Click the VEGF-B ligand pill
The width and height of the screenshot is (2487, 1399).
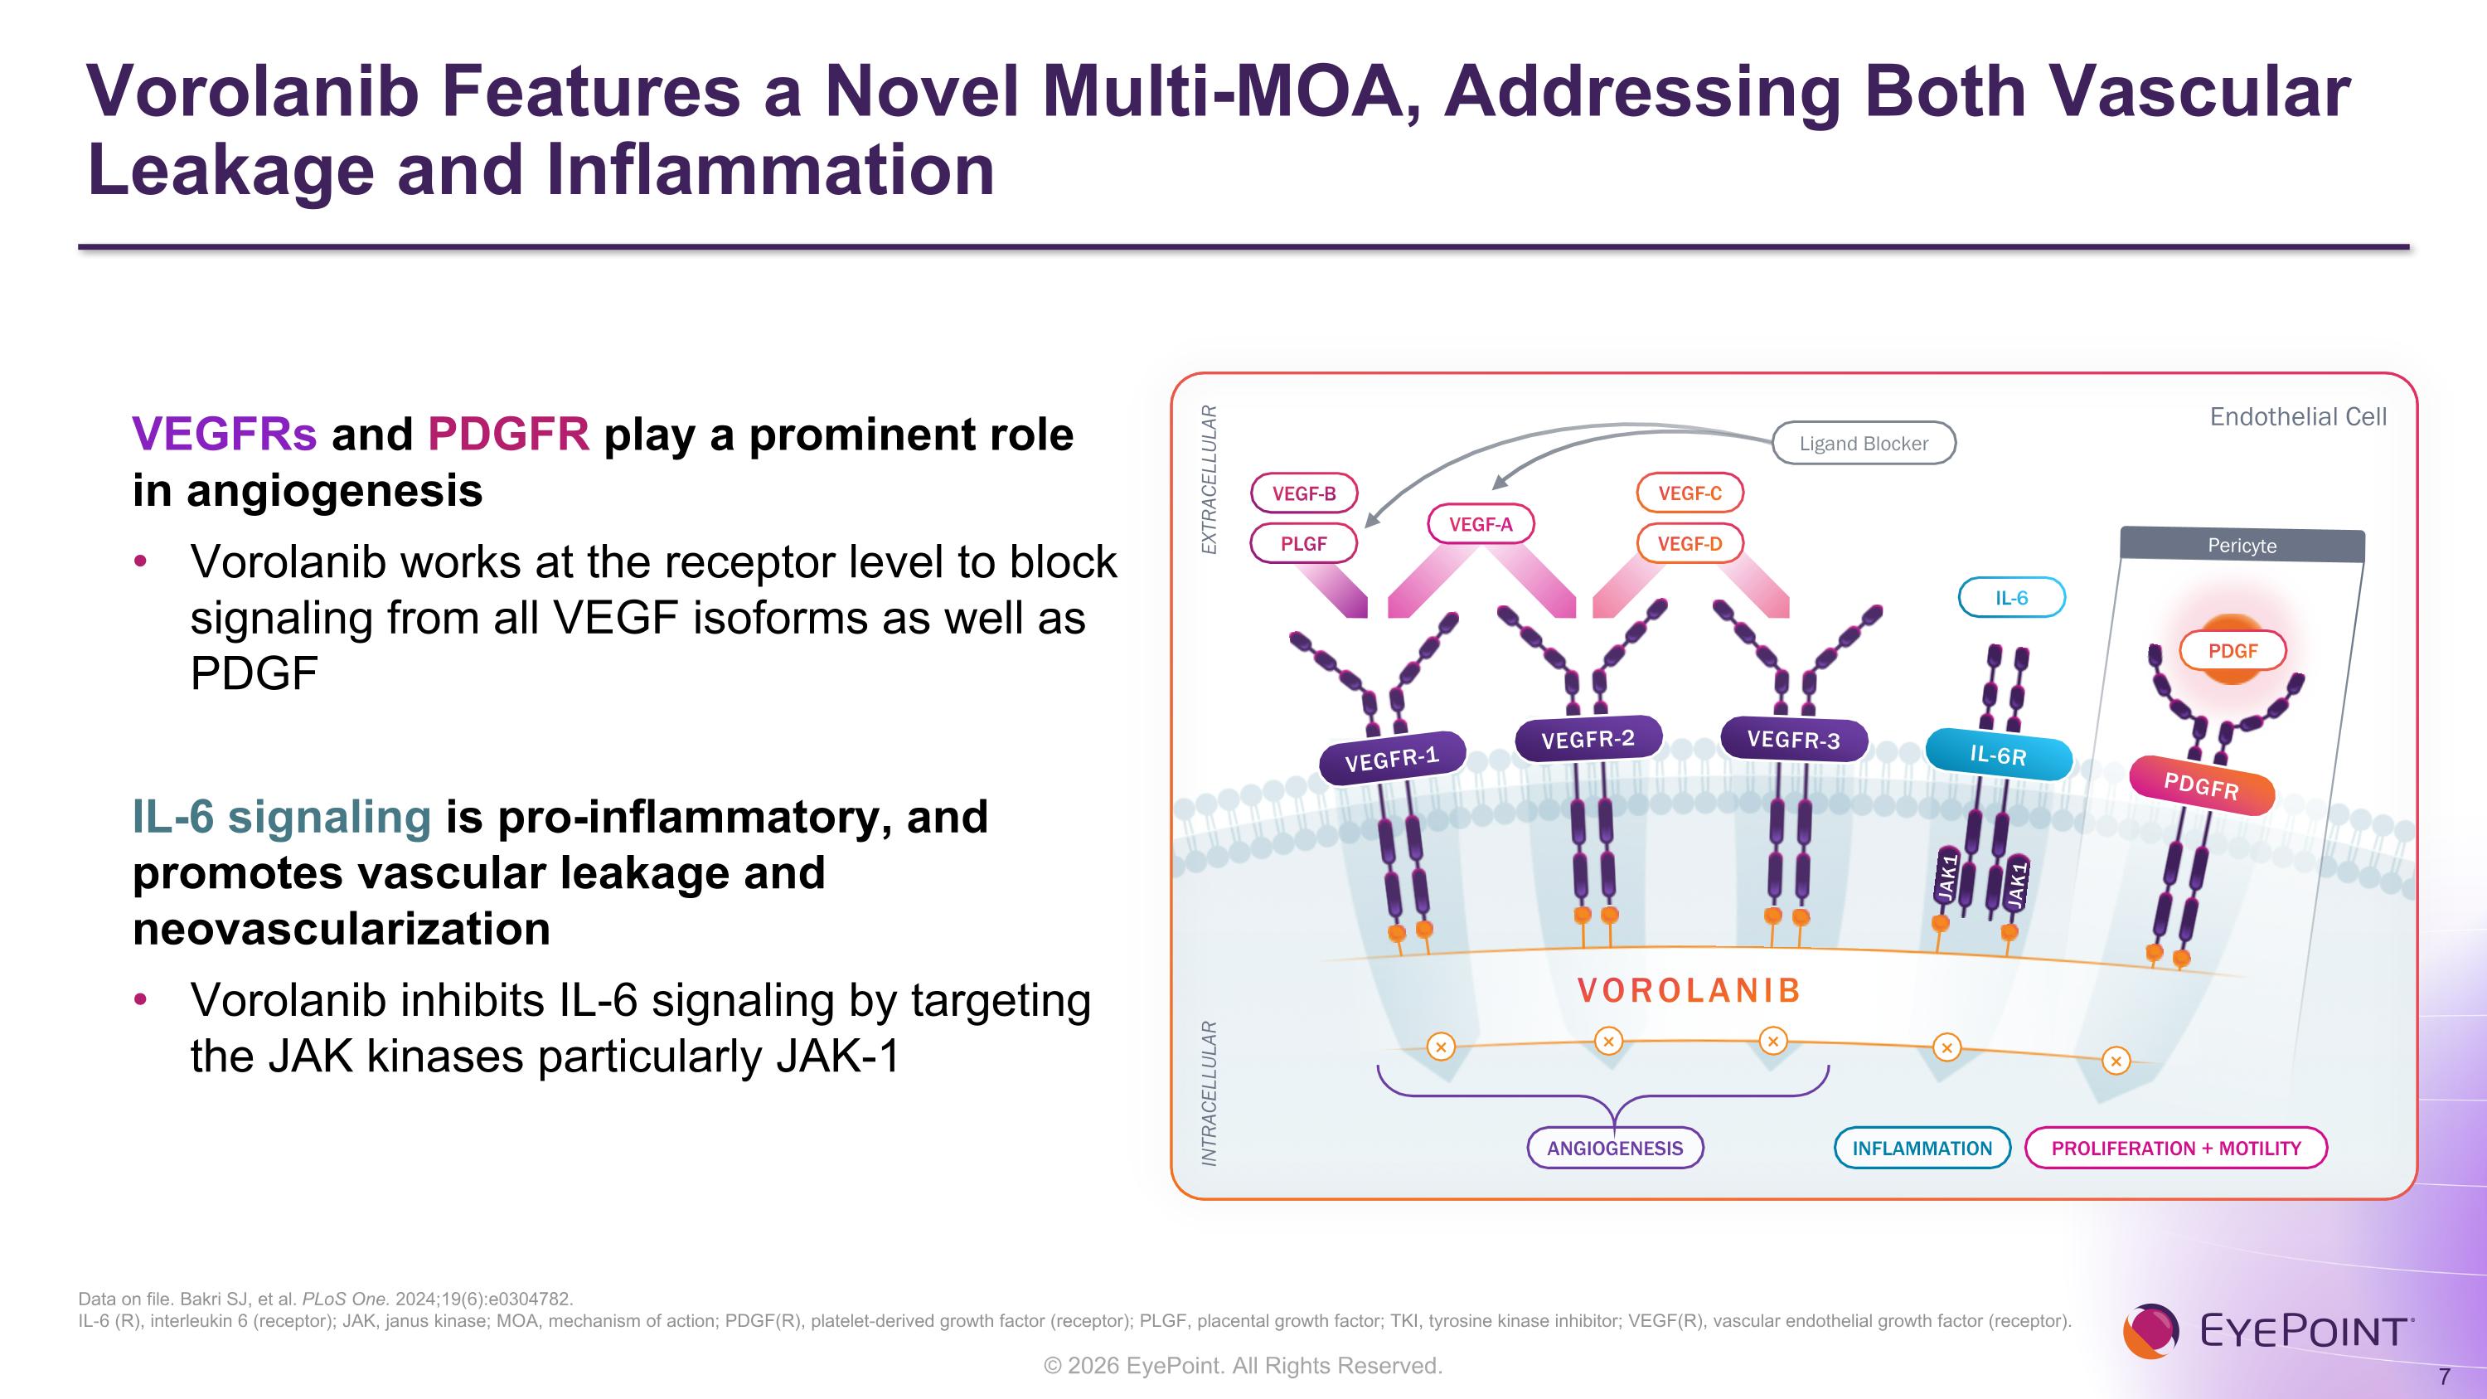(1303, 493)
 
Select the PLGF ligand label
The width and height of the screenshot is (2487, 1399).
(1303, 543)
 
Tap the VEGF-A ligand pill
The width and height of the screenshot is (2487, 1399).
(1480, 524)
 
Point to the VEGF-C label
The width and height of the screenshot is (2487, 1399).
(1690, 493)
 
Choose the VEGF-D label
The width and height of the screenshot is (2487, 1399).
(1690, 543)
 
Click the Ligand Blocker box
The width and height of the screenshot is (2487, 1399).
(1864, 443)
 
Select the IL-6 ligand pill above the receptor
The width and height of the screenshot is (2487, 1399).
(2011, 598)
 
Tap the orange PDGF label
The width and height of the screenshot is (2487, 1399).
(2232, 651)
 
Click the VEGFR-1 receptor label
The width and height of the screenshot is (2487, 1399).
(1392, 758)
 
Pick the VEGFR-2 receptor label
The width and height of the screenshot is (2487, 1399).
(1588, 740)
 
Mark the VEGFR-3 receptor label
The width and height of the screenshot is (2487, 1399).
(1794, 740)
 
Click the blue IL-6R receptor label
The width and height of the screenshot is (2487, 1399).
(1999, 755)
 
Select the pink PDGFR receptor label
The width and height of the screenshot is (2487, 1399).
(2201, 786)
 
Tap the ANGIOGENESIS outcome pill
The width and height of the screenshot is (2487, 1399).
(1614, 1148)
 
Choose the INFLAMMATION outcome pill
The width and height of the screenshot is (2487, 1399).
(1922, 1148)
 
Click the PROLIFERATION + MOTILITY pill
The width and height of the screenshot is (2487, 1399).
(2176, 1148)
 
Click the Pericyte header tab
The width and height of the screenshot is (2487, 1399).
(2242, 546)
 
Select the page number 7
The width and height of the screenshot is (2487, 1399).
(2444, 1377)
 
